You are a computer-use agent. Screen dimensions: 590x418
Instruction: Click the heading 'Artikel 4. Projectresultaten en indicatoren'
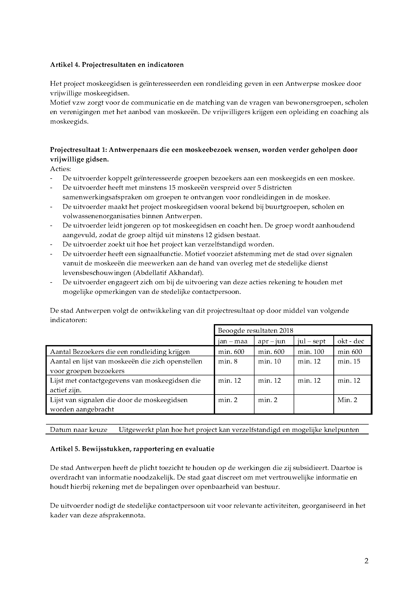pos(117,65)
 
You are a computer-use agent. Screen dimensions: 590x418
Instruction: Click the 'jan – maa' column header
pos(233,341)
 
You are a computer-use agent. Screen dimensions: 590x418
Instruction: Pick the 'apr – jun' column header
pos(271,341)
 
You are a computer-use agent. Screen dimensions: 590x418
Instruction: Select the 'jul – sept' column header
pos(311,341)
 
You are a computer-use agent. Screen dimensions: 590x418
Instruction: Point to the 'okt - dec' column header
pos(351,341)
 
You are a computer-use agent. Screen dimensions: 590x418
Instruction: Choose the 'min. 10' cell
pos(269,361)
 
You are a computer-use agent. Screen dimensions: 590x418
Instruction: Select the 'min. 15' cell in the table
pos(349,361)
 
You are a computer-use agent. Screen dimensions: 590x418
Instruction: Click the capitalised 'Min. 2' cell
pos(347,400)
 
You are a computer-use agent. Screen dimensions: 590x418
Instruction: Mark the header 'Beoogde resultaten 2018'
pos(256,330)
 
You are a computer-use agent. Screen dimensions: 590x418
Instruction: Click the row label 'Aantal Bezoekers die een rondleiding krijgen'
pos(120,352)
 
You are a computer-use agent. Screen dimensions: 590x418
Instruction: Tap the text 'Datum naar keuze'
pos(79,430)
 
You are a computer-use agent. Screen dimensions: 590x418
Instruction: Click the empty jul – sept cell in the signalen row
pos(313,404)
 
